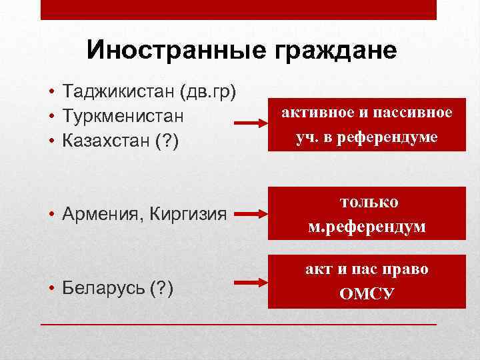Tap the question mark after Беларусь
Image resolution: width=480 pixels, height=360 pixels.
click(x=163, y=288)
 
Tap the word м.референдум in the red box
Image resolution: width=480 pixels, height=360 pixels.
click(x=367, y=227)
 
